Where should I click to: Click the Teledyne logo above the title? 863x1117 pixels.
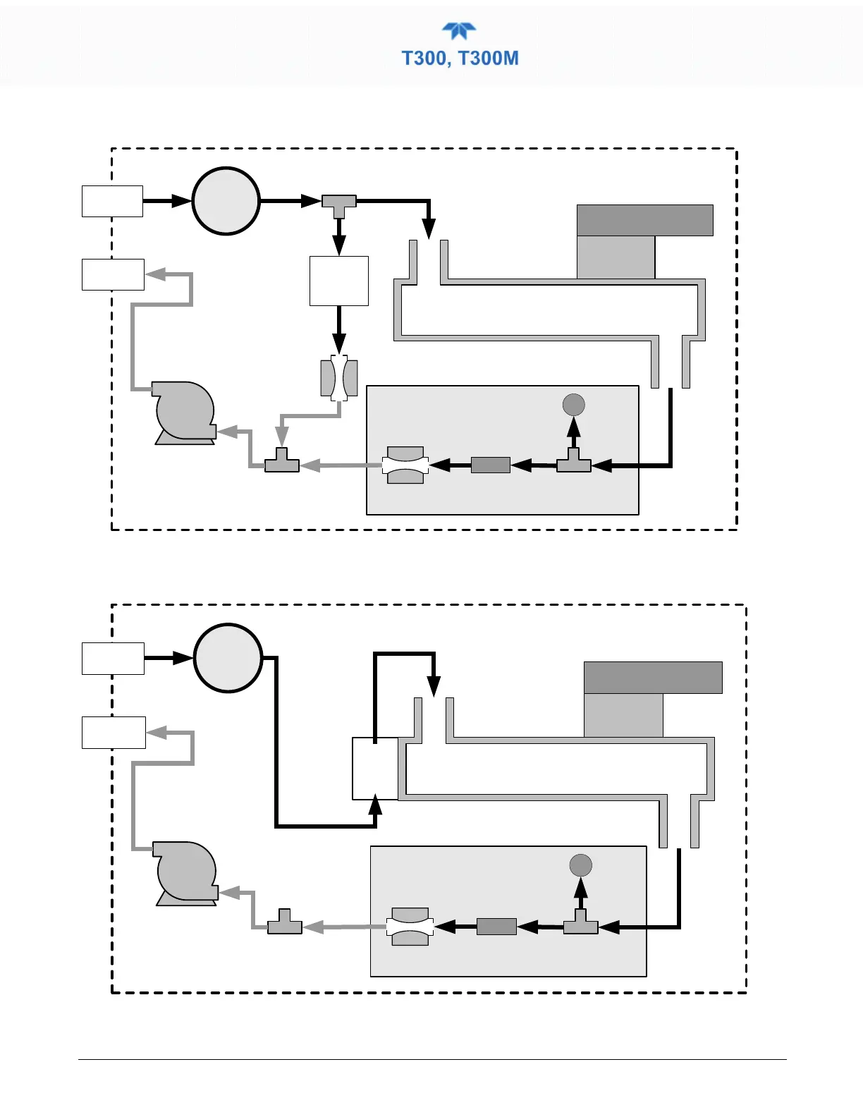point(459,32)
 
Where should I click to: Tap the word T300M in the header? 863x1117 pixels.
point(489,58)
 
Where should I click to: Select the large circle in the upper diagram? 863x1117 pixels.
point(226,201)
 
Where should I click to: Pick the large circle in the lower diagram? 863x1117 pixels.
point(228,658)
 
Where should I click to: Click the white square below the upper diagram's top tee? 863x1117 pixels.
point(339,281)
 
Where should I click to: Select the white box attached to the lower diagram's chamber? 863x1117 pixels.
point(375,769)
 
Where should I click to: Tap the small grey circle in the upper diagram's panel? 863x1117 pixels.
point(574,405)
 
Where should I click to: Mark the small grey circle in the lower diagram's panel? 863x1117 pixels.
point(580,865)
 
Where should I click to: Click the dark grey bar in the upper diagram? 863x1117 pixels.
point(644,220)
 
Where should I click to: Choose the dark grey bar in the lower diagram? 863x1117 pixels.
point(653,678)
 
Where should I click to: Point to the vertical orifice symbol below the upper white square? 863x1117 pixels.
point(339,378)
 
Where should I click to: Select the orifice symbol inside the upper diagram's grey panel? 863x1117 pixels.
point(405,465)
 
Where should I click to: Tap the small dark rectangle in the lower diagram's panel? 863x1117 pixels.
point(496,927)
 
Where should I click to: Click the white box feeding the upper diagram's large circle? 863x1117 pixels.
point(112,201)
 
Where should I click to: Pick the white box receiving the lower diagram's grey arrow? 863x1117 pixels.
point(114,733)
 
